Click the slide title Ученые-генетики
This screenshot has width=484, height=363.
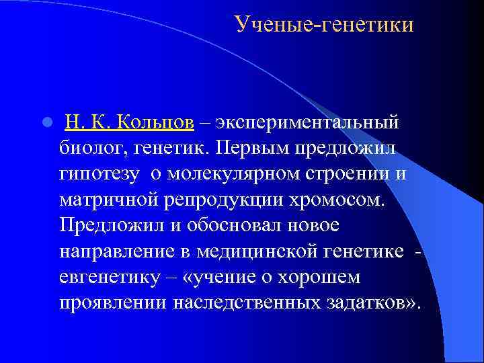[x=324, y=25]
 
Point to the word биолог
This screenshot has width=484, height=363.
[x=89, y=146]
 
